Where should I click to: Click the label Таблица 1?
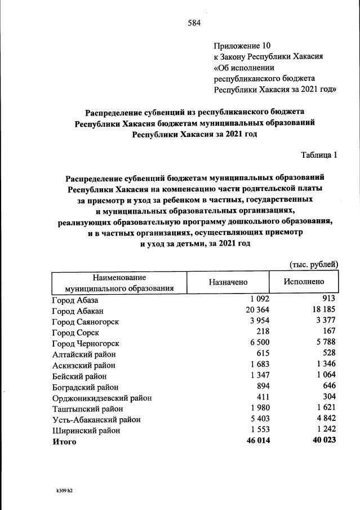point(319,156)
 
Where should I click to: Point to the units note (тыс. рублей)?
point(313,264)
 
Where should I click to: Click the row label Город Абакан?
point(78,311)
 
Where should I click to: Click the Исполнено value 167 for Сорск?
point(328,332)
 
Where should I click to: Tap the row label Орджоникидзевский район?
point(102,398)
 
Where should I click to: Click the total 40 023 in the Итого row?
point(323,441)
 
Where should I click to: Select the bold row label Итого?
point(64,442)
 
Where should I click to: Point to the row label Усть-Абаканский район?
point(96,420)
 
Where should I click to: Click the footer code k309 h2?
point(61,491)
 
